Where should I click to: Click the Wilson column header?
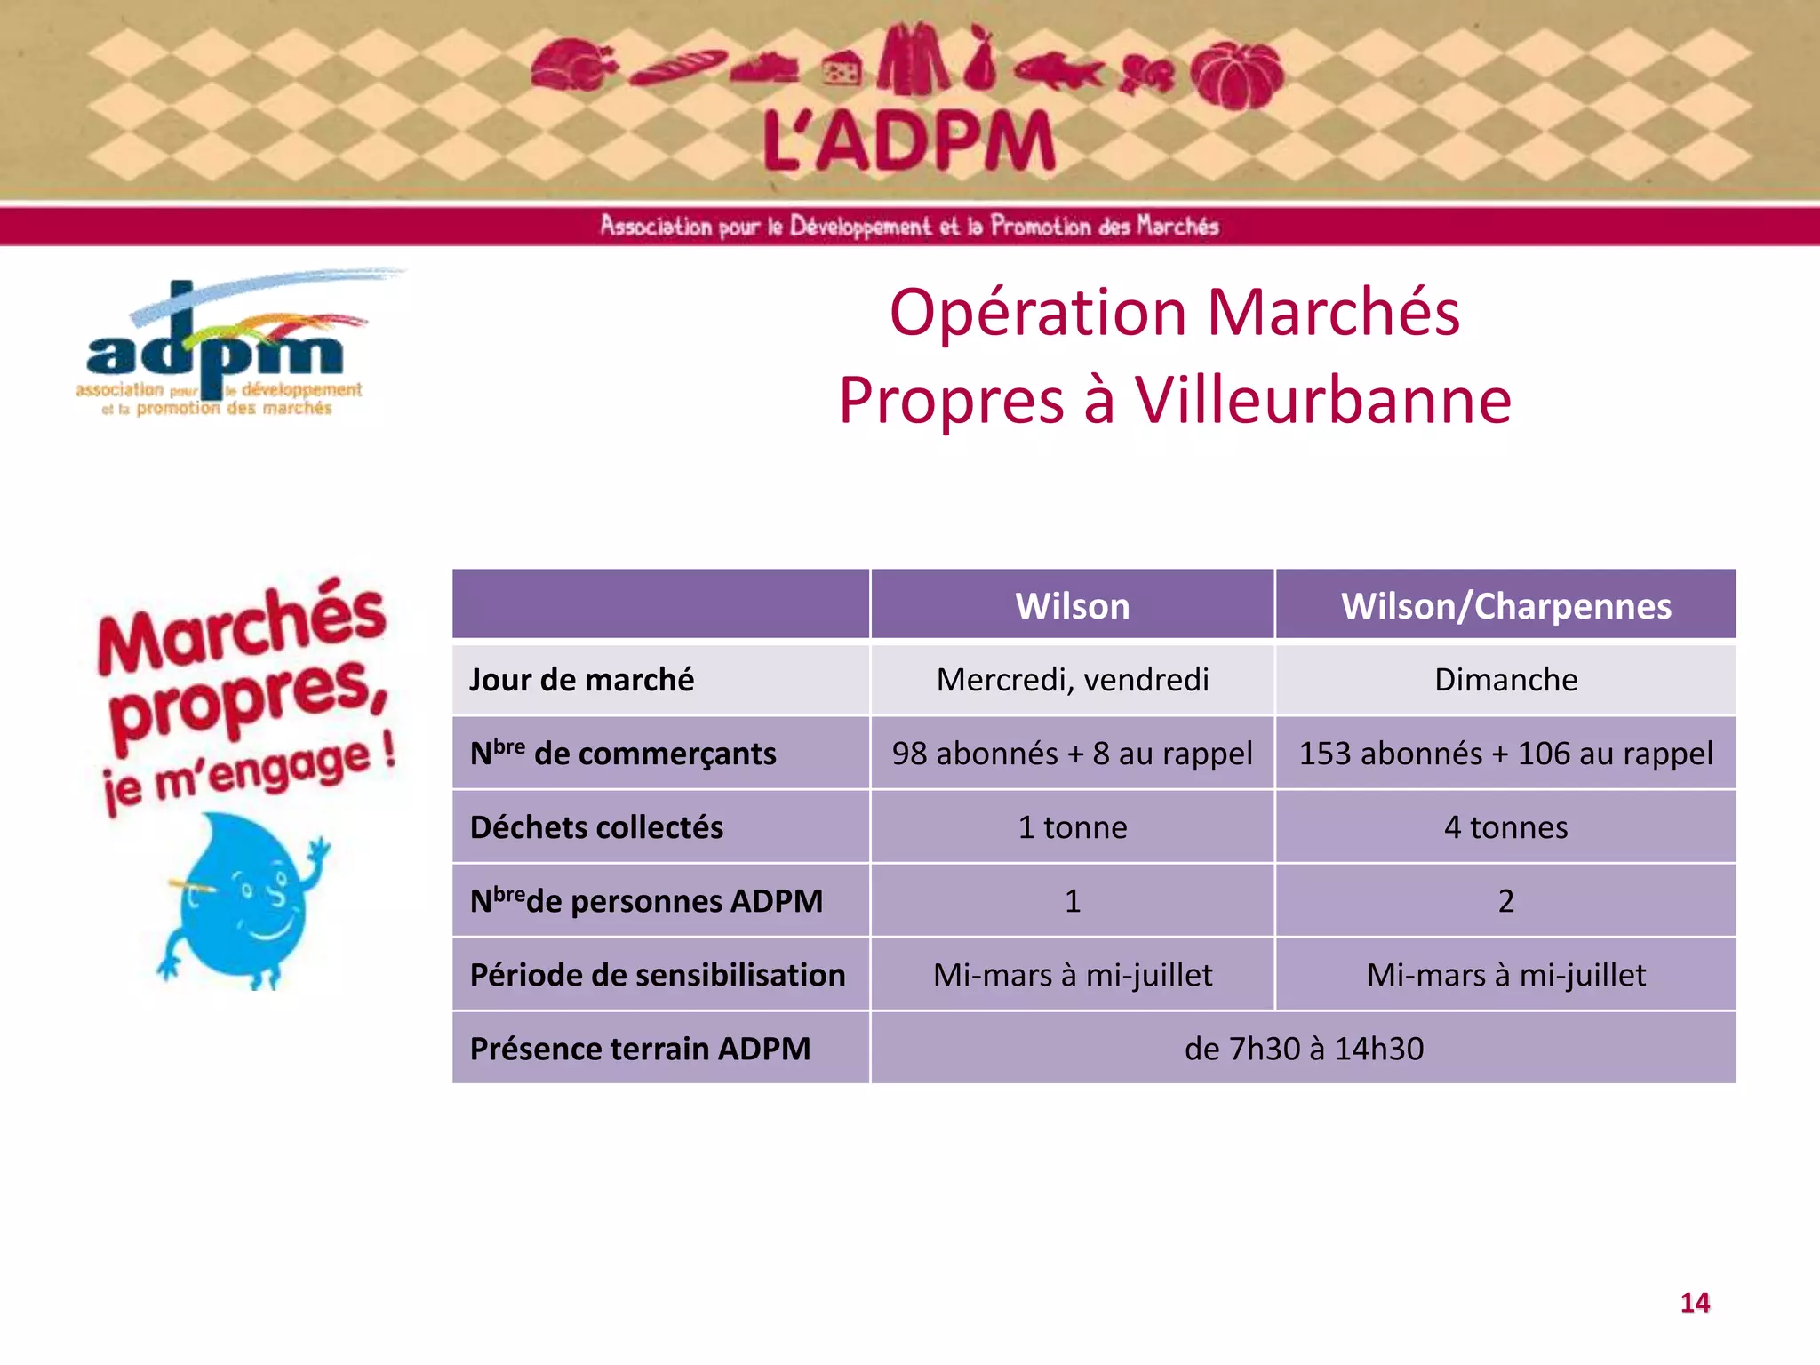pyautogui.click(x=1072, y=606)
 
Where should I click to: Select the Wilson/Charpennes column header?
pyautogui.click(x=1505, y=606)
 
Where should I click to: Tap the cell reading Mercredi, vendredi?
pyautogui.click(x=1072, y=680)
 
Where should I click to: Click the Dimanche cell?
pyautogui.click(x=1505, y=680)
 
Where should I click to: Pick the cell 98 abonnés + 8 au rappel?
pyautogui.click(x=1072, y=754)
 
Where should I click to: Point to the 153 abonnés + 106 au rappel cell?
pyautogui.click(x=1505, y=754)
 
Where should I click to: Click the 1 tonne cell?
pyautogui.click(x=1072, y=827)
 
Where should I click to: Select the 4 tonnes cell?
pyautogui.click(x=1505, y=827)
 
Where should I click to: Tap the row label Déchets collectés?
pyautogui.click(x=596, y=827)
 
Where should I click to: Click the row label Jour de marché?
pyautogui.click(x=581, y=680)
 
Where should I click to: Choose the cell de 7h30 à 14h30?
pyautogui.click(x=1303, y=1049)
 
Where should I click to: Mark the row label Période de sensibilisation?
pyautogui.click(x=658, y=975)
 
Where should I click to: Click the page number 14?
pyautogui.click(x=1695, y=1303)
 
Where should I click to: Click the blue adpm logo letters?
pyautogui.click(x=213, y=351)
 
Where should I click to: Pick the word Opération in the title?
pyautogui.click(x=1038, y=313)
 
